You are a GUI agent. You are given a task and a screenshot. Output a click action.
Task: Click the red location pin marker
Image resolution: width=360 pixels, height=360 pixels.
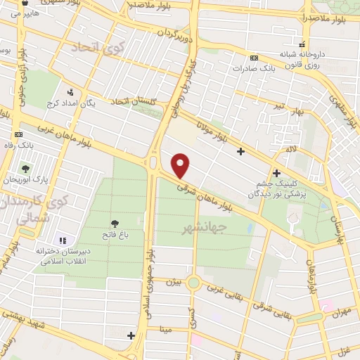click(181, 165)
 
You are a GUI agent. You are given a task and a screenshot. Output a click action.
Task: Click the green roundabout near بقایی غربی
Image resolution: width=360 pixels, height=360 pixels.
click(193, 283)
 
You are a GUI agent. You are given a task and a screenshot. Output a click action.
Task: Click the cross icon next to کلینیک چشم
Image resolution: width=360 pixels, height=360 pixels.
click(276, 172)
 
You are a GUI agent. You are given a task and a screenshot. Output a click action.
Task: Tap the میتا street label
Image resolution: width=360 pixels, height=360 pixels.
click(166, 328)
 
